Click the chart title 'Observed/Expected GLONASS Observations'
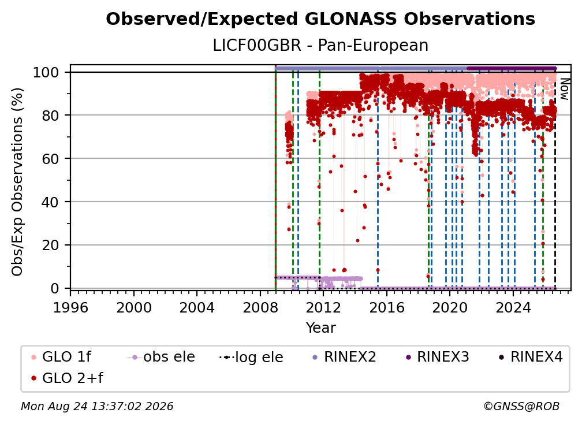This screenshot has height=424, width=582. [x=320, y=19]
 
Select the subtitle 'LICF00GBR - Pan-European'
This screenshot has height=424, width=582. [x=320, y=45]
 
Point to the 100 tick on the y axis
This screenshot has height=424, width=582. [x=51, y=72]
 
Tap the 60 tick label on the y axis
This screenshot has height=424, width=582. [x=50, y=159]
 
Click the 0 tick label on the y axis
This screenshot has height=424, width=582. [x=55, y=288]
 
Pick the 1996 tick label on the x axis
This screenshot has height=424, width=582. [x=70, y=308]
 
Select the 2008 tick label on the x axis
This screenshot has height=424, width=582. [x=260, y=308]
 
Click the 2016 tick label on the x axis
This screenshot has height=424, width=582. [x=387, y=308]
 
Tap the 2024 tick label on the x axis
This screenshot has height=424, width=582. [x=513, y=308]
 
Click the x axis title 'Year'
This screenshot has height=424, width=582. [x=320, y=328]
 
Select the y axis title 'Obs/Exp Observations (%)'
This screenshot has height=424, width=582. [x=17, y=182]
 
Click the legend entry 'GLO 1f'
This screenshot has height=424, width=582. [x=61, y=357]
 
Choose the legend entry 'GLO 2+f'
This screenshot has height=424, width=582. [x=67, y=378]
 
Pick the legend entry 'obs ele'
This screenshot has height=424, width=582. [x=161, y=357]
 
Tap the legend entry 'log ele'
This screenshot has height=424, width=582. [x=251, y=357]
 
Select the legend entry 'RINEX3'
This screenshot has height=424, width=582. [x=437, y=357]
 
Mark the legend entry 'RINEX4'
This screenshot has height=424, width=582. [x=531, y=357]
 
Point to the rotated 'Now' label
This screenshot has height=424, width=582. [x=564, y=89]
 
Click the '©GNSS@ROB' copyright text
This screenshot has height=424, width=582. [x=521, y=406]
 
